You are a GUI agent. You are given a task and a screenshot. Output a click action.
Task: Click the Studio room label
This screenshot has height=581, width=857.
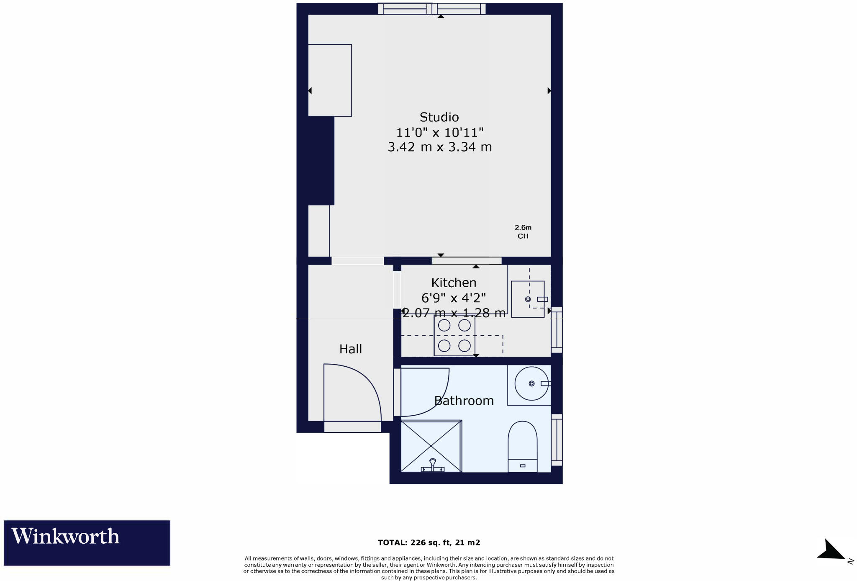tap(439, 117)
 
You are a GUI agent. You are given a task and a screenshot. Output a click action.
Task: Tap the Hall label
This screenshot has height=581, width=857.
tap(350, 349)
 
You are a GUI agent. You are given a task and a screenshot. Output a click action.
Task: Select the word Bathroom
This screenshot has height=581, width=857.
tap(464, 401)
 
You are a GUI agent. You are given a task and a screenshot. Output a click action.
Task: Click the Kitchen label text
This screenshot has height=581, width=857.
tap(454, 283)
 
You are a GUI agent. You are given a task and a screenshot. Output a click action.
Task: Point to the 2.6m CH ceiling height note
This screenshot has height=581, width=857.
tap(523, 232)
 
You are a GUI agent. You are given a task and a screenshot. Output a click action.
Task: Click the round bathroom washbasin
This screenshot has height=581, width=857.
tap(531, 383)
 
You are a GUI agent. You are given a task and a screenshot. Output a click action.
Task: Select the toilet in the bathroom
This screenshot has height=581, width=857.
tap(522, 446)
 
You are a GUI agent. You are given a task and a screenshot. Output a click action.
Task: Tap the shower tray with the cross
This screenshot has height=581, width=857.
tap(431, 446)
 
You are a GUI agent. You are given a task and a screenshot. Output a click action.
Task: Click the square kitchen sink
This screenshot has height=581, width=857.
tap(528, 299)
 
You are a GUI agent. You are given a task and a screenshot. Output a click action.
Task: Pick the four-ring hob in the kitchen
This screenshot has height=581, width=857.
tap(454, 336)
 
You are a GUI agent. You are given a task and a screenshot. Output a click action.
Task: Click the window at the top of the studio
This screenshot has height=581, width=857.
tap(431, 9)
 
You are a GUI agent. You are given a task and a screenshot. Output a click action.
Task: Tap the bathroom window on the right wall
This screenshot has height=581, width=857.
tap(557, 440)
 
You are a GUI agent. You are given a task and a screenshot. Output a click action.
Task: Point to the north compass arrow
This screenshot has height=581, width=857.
tap(831, 550)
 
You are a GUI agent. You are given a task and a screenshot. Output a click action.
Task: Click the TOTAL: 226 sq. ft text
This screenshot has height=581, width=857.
tap(429, 542)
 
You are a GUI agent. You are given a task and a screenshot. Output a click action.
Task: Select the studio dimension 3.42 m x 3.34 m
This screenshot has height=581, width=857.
tap(439, 147)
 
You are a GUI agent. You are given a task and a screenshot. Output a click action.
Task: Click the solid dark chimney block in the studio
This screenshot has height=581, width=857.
tap(321, 161)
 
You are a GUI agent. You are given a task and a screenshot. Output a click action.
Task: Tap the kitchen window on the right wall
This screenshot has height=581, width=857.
tap(557, 330)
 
